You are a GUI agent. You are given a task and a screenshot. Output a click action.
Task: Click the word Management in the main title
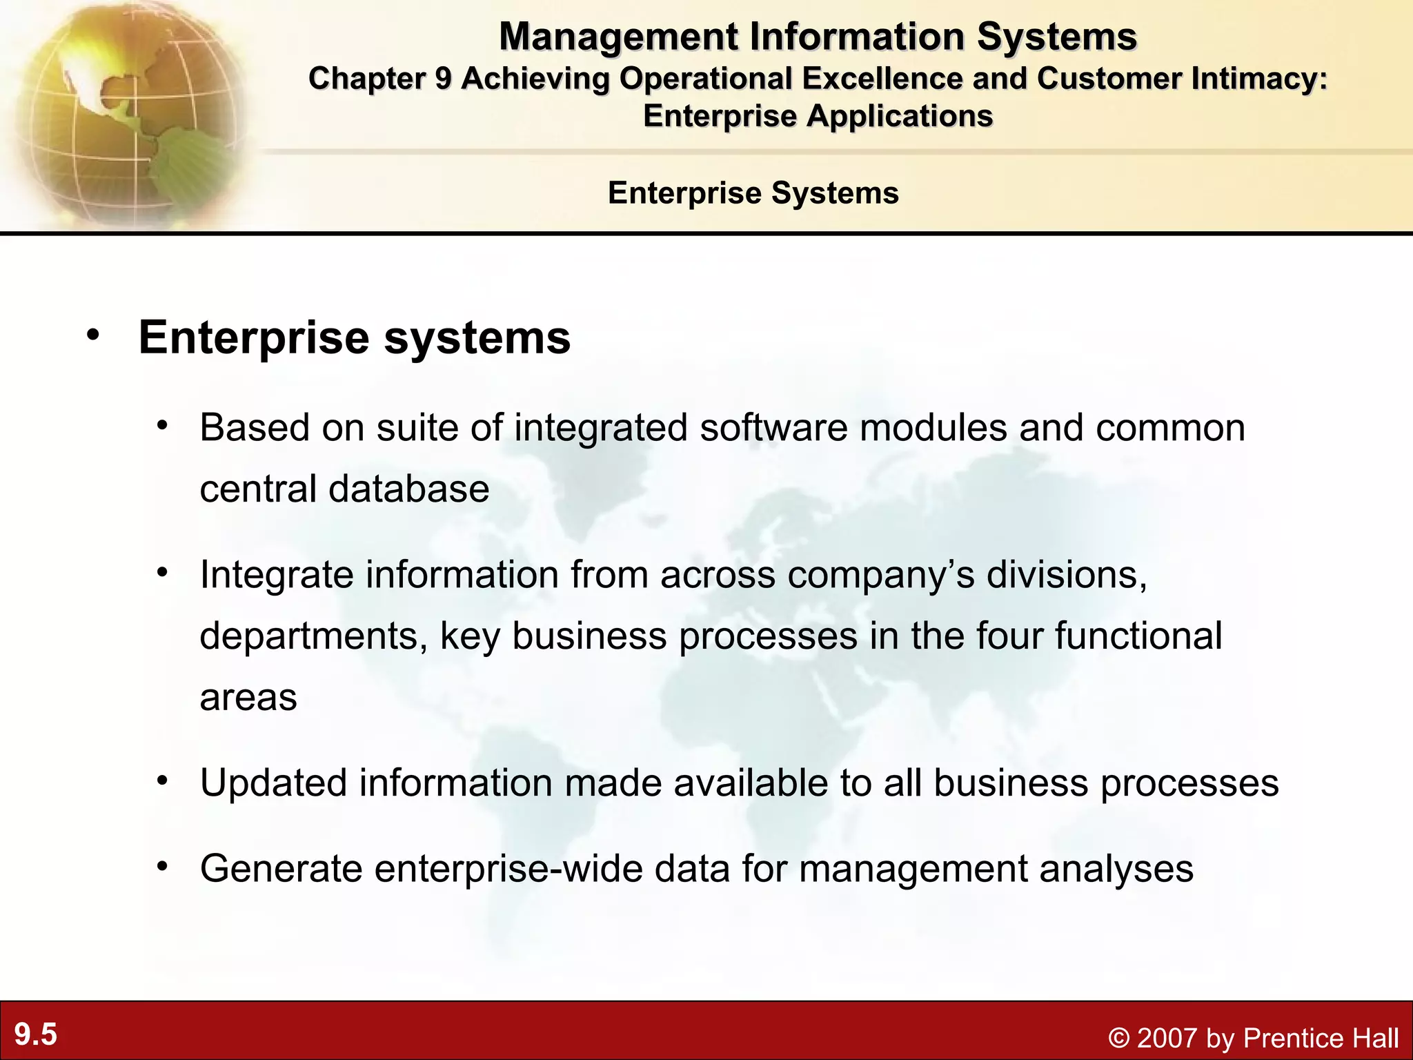click(618, 37)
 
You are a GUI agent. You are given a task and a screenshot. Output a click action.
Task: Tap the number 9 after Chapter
click(442, 79)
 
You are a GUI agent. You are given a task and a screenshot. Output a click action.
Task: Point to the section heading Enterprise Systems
click(753, 193)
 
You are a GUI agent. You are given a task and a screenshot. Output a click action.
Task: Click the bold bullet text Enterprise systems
click(355, 338)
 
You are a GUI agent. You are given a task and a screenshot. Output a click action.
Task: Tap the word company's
click(881, 575)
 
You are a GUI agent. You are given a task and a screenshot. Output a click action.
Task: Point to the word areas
click(248, 698)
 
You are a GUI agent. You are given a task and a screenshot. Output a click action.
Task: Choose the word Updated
click(273, 783)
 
